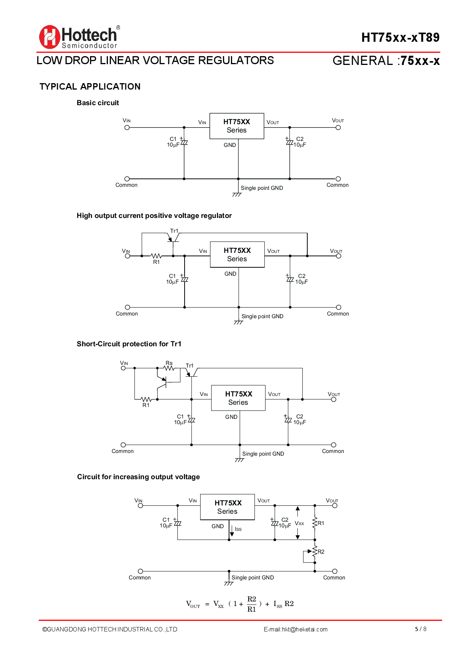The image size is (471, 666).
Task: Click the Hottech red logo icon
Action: pyautogui.click(x=49, y=37)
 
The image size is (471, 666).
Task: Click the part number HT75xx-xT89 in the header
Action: pyautogui.click(x=400, y=37)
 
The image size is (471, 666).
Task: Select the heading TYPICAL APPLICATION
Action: pyautogui.click(x=90, y=87)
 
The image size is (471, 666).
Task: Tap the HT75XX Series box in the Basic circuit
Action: pyautogui.click(x=237, y=126)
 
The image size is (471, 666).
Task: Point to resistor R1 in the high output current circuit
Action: pyautogui.click(x=156, y=256)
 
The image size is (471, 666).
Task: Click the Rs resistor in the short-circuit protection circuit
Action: pyautogui.click(x=169, y=368)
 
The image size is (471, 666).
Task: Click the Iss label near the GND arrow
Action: pyautogui.click(x=238, y=529)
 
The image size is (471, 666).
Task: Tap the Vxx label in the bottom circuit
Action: pyautogui.click(x=299, y=523)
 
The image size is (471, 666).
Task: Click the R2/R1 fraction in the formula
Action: pyautogui.click(x=251, y=604)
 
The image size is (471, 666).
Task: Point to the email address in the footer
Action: pyautogui.click(x=296, y=629)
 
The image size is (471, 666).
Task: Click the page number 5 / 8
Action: pyautogui.click(x=420, y=629)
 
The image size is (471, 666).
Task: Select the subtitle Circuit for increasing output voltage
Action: pyautogui.click(x=138, y=477)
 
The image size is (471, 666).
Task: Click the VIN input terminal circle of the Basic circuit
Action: pyautogui.click(x=127, y=128)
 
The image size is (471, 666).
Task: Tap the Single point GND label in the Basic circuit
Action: pyautogui.click(x=262, y=188)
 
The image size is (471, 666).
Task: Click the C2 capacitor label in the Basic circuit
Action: pyautogui.click(x=300, y=139)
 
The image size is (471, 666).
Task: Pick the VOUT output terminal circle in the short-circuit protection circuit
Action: pyautogui.click(x=333, y=399)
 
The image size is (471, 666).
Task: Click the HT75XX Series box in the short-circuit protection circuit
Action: pyautogui.click(x=238, y=398)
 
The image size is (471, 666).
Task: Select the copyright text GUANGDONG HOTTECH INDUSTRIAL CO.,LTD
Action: pyautogui.click(x=110, y=629)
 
